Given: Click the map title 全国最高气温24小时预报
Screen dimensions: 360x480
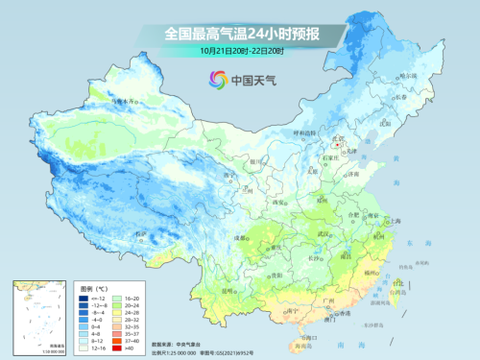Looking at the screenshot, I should point(241,33).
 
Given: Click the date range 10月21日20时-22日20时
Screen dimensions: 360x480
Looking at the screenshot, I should point(241,49).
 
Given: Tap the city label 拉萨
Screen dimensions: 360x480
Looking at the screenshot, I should point(141,233).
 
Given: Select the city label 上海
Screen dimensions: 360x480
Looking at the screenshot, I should point(391,220).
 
